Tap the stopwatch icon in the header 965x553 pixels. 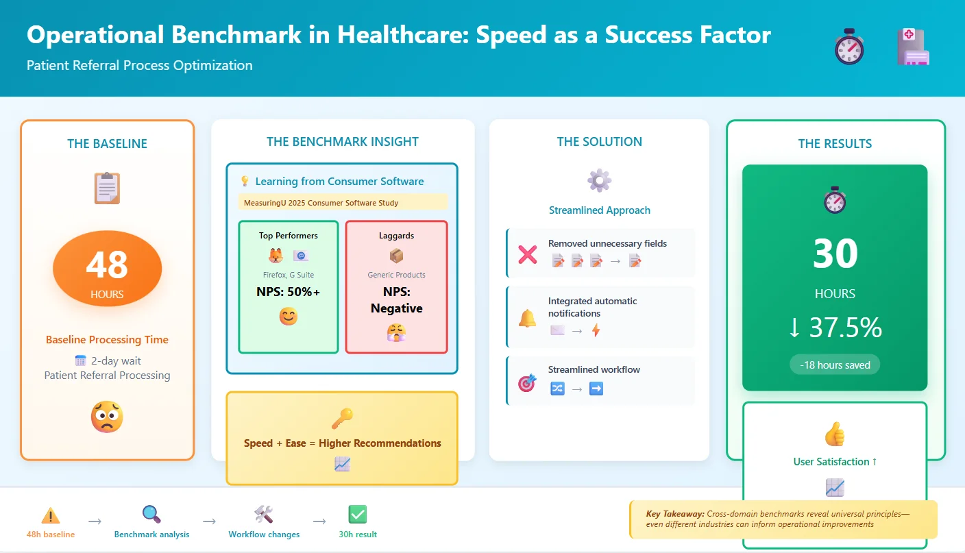(849, 47)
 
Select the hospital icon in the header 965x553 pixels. (914, 47)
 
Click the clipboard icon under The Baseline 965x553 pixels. (107, 188)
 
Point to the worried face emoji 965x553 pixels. (107, 417)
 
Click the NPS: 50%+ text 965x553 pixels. (288, 292)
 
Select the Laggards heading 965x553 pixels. (396, 236)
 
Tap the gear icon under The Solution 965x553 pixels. (599, 181)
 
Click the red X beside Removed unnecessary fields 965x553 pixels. (527, 255)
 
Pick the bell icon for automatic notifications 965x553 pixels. (527, 319)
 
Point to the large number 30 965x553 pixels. (835, 254)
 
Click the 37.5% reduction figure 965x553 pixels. (835, 328)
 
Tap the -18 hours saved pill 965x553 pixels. (835, 365)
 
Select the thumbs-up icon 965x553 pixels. (835, 434)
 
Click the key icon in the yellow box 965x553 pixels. (342, 418)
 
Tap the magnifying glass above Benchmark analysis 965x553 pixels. (151, 514)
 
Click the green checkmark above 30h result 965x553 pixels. (358, 514)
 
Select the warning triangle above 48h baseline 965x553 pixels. (51, 515)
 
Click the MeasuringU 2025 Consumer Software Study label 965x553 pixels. (321, 203)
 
